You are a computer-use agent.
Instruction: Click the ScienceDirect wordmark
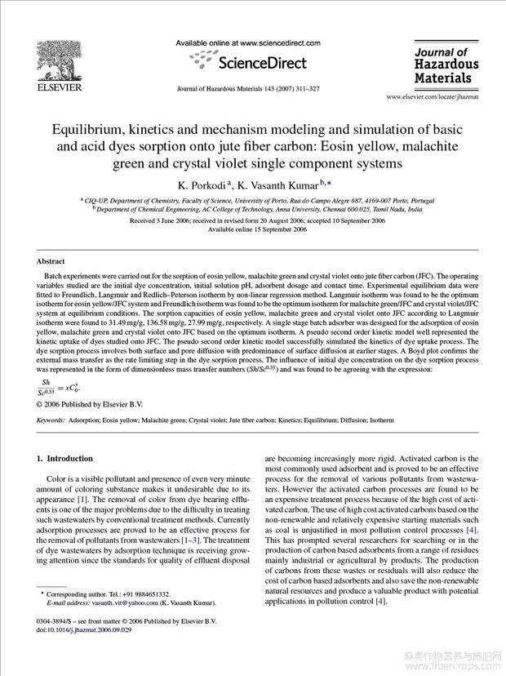point(260,63)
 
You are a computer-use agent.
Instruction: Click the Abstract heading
point(51,261)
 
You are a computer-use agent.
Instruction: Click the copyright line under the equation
point(90,403)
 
